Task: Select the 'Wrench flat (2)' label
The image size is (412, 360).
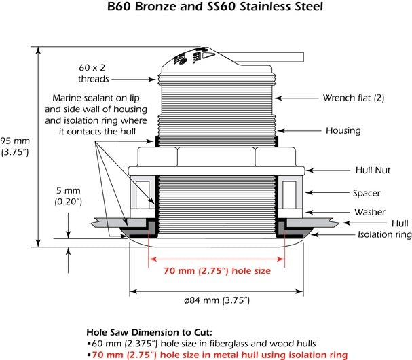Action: point(354,98)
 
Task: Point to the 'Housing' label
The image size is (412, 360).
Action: point(343,130)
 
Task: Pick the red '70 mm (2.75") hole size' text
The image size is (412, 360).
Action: point(217,271)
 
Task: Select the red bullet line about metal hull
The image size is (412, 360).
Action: point(217,355)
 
